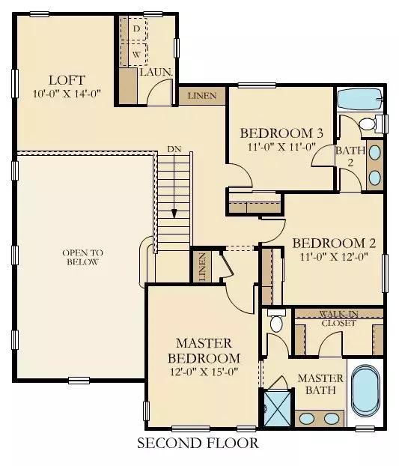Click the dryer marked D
pos(134,28)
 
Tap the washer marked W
pos(134,55)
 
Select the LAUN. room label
pos(156,72)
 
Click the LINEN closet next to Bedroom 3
pos(202,96)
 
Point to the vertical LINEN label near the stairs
pos(202,267)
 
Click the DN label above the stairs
pos(174,149)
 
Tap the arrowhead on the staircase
pos(174,214)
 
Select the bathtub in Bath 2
pos(360,100)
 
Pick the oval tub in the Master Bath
pos(366,390)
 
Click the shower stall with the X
pos(277,409)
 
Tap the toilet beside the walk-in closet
pos(276,321)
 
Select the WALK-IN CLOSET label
pos(338,318)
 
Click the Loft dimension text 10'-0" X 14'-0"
pos(67,94)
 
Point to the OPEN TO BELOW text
pos(83,258)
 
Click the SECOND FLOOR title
pos(198,443)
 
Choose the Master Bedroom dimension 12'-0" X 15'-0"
pos(204,372)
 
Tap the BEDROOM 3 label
pos(281,133)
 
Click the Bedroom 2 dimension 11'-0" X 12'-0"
pos(334,256)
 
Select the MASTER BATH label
pos(320,384)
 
